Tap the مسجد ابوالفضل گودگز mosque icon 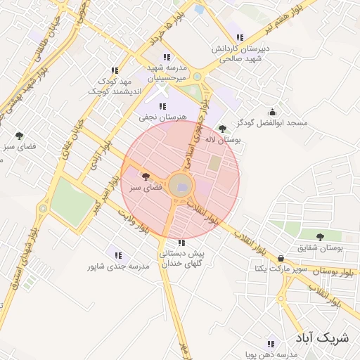(273, 111)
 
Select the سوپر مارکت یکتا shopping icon (281, 257)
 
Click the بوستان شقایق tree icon (321, 237)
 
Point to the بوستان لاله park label (223, 141)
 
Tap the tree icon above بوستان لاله (223, 129)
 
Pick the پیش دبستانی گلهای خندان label (181, 258)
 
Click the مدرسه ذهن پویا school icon (271, 344)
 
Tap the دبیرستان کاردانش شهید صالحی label (239, 55)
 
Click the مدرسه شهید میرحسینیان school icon (167, 57)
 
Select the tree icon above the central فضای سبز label (146, 176)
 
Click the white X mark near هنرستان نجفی (162, 91)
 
